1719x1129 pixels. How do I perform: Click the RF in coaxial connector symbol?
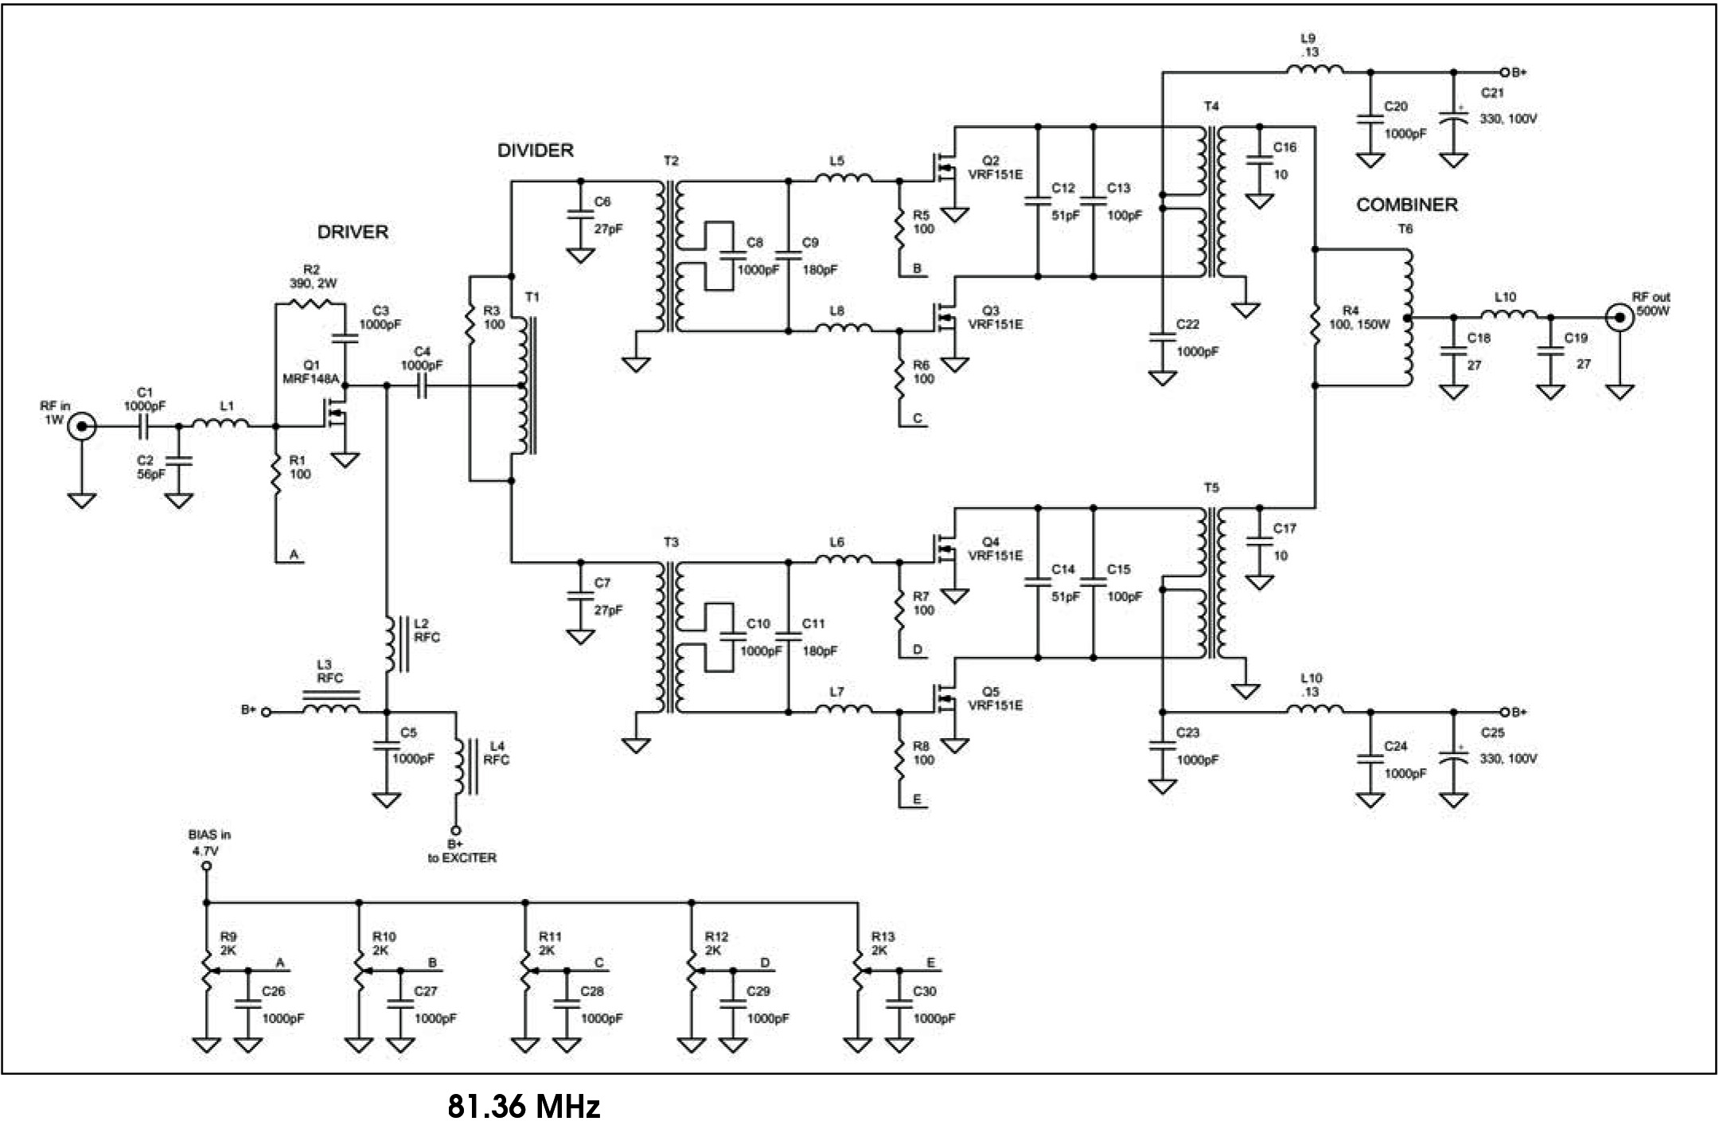[82, 427]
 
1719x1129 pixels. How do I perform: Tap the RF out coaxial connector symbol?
[1619, 318]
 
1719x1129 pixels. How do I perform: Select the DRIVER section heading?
[353, 232]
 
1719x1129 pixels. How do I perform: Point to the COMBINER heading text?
[1407, 205]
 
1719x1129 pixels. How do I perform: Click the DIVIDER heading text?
[536, 150]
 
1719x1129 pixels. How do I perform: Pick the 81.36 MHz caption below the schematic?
[524, 1106]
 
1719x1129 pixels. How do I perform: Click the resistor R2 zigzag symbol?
[311, 303]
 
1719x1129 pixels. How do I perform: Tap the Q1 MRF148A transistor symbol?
[338, 414]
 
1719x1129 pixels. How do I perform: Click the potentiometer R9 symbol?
[207, 971]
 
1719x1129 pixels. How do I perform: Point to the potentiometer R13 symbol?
[858, 971]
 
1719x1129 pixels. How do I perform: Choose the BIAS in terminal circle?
[206, 865]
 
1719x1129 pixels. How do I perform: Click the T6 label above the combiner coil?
[1405, 229]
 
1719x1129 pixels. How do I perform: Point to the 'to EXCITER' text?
[462, 858]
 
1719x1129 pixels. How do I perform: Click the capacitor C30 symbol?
[899, 1006]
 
